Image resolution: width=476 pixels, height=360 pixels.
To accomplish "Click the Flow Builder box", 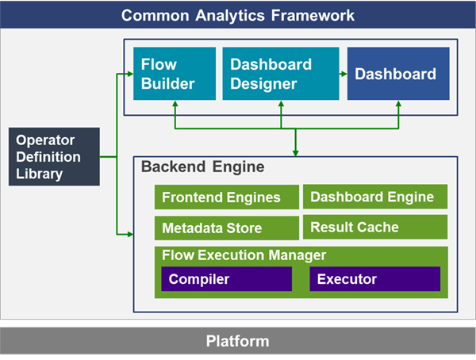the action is click(x=175, y=74).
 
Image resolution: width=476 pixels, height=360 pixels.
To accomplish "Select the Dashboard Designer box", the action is click(x=281, y=74).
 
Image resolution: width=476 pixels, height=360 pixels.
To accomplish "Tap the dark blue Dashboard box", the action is click(x=398, y=74).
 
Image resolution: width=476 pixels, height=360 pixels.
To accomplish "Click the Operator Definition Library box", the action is click(x=54, y=157).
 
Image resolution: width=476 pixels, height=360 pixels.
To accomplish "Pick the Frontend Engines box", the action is click(x=227, y=197).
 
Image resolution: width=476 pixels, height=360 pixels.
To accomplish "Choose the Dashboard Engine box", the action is click(x=375, y=197).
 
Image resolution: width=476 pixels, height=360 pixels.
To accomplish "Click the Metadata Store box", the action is click(x=227, y=228).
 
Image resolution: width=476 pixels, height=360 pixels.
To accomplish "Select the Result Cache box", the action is click(x=375, y=227).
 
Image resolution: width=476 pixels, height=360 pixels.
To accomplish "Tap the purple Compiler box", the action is click(x=226, y=279).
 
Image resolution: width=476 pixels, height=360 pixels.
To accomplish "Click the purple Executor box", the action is click(x=375, y=279).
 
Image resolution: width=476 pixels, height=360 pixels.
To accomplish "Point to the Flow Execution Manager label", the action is click(x=244, y=255).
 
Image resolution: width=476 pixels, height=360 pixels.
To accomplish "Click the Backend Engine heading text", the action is click(x=203, y=167).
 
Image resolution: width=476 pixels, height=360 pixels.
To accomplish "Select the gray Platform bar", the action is click(x=238, y=341).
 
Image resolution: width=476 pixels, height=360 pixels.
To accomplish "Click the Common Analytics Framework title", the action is click(x=238, y=15).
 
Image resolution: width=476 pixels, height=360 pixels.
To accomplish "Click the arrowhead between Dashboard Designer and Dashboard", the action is click(x=344, y=74).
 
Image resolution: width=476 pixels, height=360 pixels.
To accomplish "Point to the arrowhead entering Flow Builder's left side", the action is click(x=131, y=74).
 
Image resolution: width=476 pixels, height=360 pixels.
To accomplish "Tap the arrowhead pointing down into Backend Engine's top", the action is click(x=295, y=154).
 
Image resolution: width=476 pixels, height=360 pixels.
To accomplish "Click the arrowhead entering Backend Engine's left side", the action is click(x=131, y=235).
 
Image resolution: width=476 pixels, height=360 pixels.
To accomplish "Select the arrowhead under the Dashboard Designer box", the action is click(x=281, y=104).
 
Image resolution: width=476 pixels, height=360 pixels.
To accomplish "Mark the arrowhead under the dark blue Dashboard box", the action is click(x=398, y=104).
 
